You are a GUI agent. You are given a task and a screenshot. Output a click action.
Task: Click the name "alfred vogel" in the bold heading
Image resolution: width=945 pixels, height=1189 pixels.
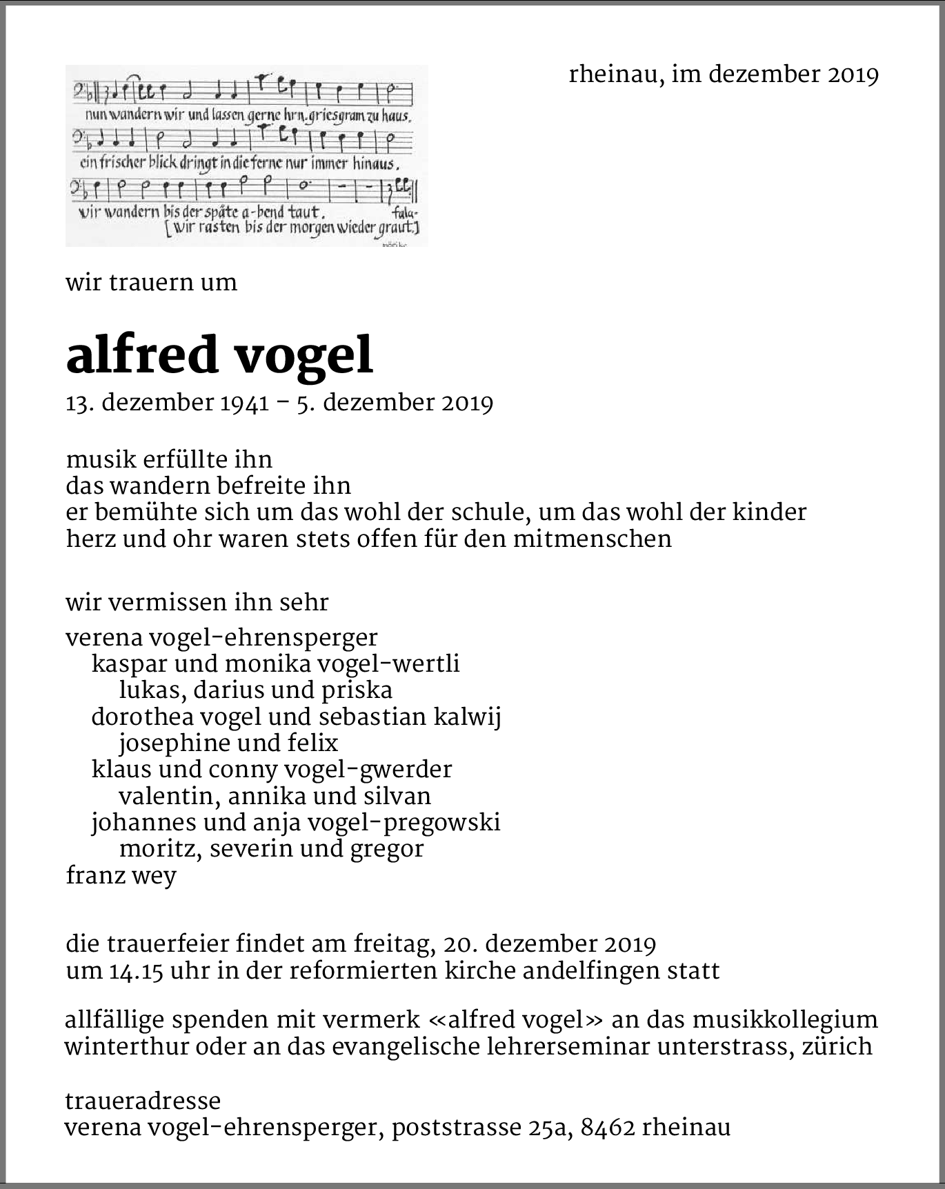point(219,355)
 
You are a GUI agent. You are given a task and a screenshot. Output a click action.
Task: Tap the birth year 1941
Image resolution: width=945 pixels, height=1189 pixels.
point(244,403)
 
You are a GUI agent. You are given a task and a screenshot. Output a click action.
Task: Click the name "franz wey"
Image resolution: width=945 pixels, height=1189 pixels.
point(121,876)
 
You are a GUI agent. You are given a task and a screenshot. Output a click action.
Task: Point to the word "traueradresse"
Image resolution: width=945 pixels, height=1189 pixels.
point(143,1101)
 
